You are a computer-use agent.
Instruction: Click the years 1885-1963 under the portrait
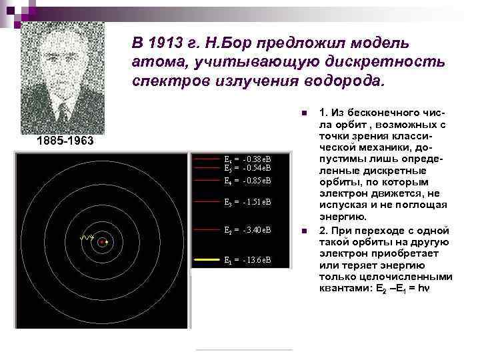point(64,142)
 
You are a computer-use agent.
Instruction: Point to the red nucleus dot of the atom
point(102,243)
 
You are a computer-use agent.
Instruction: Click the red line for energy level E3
point(207,201)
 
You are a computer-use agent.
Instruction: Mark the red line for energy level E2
point(207,229)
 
